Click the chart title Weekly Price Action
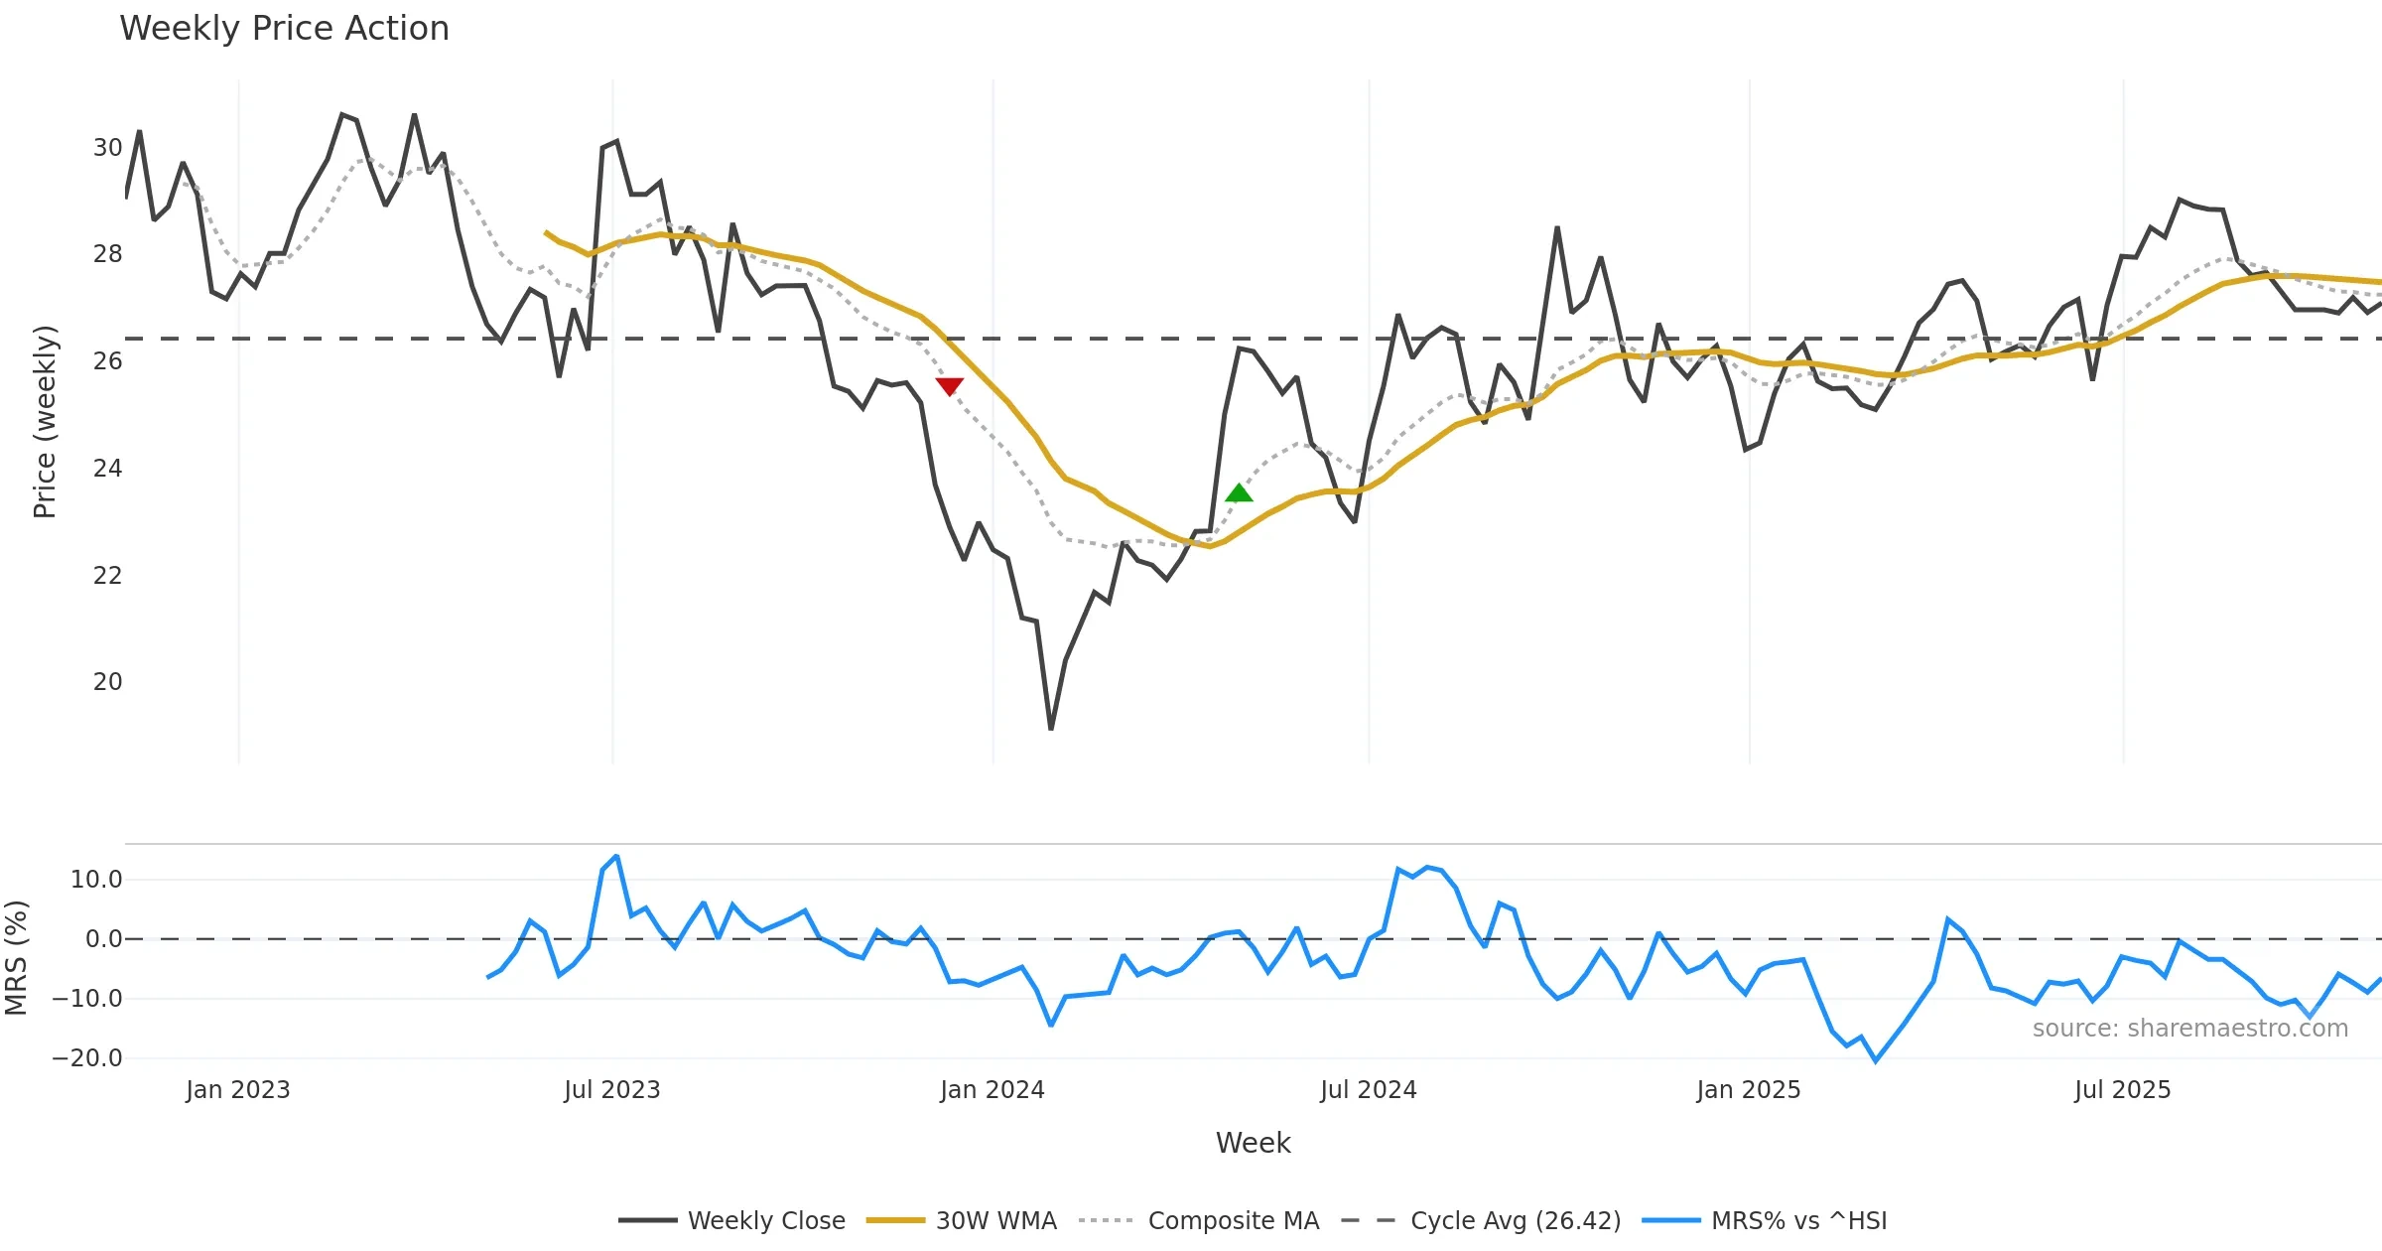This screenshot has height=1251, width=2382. click(284, 29)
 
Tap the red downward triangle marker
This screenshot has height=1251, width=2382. click(949, 386)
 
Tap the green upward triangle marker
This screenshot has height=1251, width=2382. click(1239, 492)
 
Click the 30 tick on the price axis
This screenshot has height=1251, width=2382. click(107, 148)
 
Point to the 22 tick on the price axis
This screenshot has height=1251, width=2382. click(107, 576)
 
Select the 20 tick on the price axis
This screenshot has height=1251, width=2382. click(107, 682)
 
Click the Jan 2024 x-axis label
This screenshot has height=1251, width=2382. click(992, 1090)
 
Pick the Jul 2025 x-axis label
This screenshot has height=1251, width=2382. click(2122, 1090)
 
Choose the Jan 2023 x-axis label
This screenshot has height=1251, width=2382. click(237, 1090)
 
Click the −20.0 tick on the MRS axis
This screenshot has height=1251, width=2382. click(87, 1058)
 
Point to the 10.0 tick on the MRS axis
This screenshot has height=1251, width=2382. click(96, 880)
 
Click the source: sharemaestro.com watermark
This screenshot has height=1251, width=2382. click(2189, 1029)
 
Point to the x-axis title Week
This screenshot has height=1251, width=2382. click(1253, 1143)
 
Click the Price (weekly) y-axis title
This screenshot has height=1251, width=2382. click(45, 422)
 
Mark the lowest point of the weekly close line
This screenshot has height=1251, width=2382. click(1051, 730)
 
